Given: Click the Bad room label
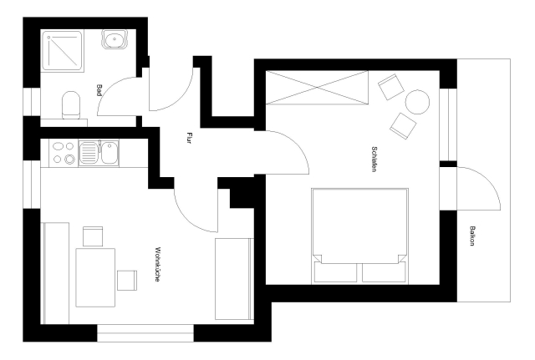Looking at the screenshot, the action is (99, 90).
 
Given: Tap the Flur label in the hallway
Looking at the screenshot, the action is (189, 138).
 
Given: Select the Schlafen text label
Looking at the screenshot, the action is (374, 159).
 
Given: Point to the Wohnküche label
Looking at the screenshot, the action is (157, 264).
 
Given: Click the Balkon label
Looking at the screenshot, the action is (472, 236).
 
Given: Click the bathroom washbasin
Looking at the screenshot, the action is (115, 39).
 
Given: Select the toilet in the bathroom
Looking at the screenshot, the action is (71, 104).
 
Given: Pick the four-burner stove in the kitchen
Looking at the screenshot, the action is (64, 153).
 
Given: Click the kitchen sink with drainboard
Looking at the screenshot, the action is (99, 153).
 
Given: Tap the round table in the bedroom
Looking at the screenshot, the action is (417, 102).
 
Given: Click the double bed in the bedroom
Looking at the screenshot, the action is (360, 236).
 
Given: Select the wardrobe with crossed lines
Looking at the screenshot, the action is (317, 88).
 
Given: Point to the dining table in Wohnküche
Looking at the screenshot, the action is (95, 277).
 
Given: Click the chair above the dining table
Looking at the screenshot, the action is (93, 236).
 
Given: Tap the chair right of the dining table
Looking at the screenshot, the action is (127, 280).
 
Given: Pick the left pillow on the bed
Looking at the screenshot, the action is (335, 272).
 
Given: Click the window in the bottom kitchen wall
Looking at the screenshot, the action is (145, 333).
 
